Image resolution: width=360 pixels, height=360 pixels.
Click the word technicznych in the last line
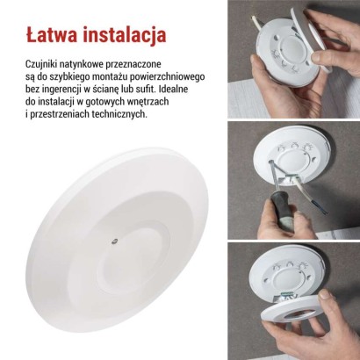pos(119,115)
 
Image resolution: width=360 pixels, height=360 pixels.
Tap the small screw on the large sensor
pos(112,236)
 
